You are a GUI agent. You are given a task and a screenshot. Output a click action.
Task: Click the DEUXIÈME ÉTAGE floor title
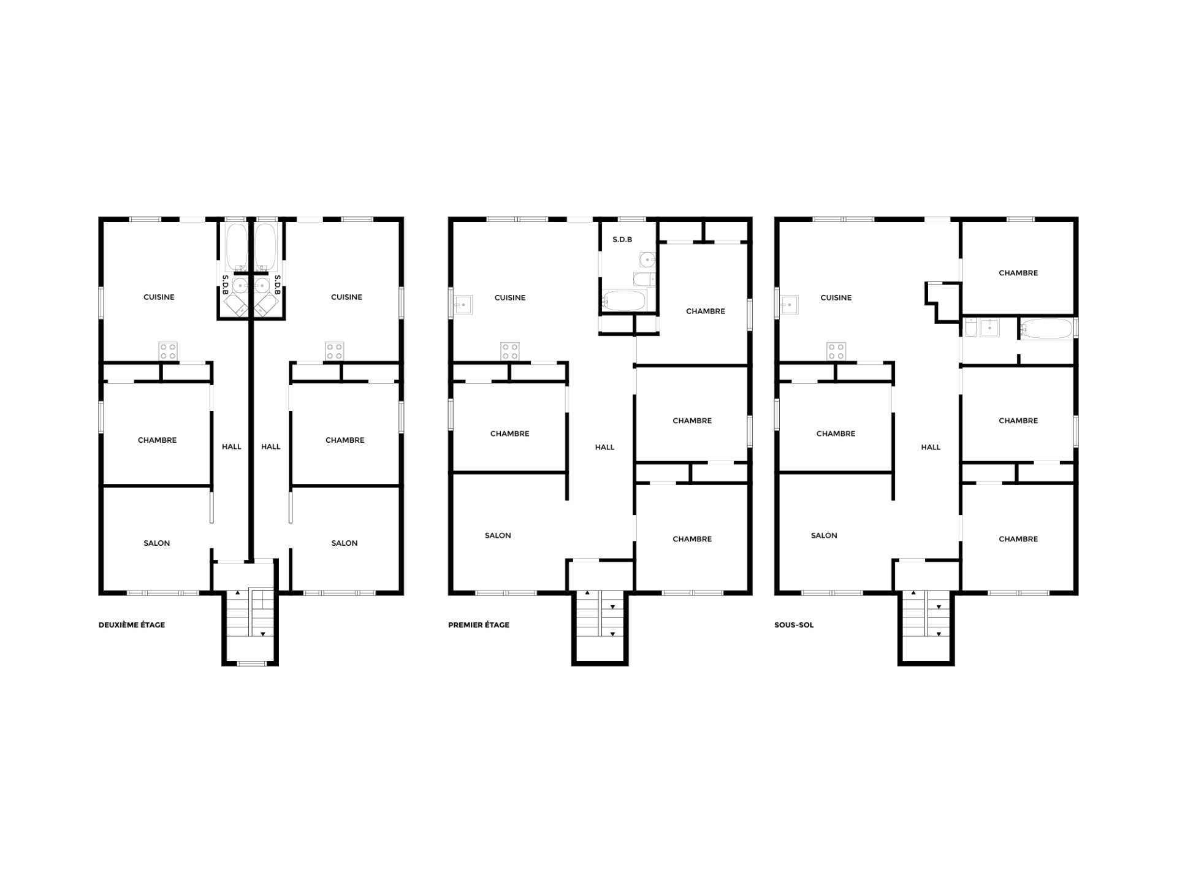coord(132,625)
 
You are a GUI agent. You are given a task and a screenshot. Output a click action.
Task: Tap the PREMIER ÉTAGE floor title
coord(479,625)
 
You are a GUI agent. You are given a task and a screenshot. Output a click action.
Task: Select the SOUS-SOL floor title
coord(794,625)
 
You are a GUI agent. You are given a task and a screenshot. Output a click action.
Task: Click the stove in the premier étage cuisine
coord(510,351)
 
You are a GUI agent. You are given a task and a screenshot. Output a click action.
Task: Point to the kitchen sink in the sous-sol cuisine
coord(789,304)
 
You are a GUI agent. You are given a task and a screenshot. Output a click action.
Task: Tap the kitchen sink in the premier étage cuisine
coord(463,304)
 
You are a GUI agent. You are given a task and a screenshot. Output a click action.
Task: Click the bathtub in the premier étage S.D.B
coord(624,300)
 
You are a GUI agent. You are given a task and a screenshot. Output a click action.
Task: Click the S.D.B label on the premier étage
coord(622,239)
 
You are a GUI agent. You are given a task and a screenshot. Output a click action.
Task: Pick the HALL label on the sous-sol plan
coord(931,447)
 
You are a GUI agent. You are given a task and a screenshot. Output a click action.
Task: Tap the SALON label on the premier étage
coord(498,535)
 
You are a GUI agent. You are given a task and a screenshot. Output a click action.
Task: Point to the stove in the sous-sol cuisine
coord(836,351)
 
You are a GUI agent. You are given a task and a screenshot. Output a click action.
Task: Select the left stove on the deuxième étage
coord(168,351)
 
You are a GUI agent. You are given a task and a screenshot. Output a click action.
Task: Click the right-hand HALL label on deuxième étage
coord(271,446)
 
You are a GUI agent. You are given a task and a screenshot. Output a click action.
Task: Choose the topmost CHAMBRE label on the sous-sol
coord(1018,273)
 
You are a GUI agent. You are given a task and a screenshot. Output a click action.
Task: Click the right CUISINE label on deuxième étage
coord(346,297)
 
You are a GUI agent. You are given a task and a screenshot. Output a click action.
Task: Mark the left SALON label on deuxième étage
coord(157,543)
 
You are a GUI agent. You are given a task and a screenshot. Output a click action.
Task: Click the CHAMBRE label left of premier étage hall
coord(509,434)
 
